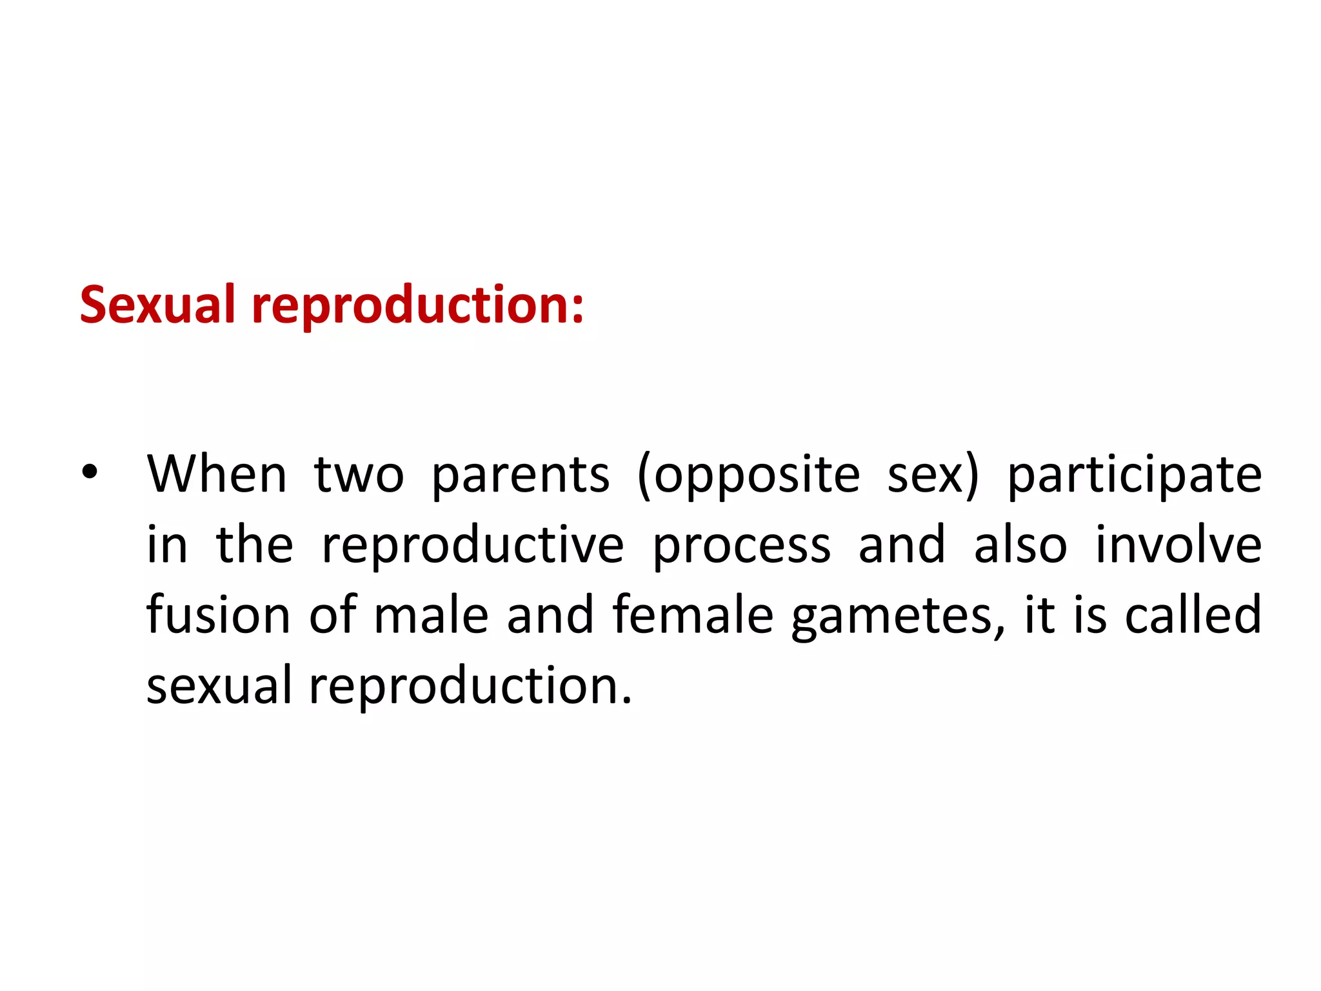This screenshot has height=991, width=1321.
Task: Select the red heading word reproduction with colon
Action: tap(417, 306)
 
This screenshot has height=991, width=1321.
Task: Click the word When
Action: tap(217, 474)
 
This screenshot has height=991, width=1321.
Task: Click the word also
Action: tap(1020, 545)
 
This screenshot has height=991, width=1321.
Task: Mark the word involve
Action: tap(1178, 545)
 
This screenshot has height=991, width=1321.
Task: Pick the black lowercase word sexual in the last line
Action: tap(219, 685)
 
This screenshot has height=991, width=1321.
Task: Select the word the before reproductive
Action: tap(255, 545)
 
